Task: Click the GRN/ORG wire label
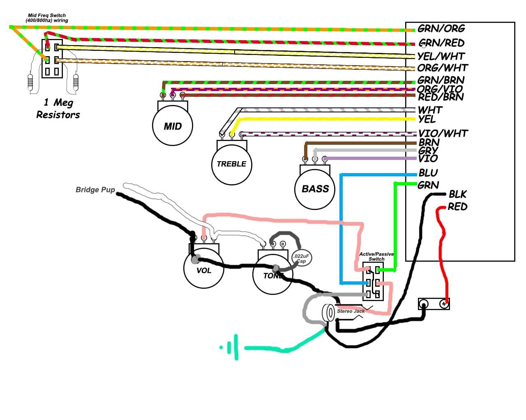(441, 29)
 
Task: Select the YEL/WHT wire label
(441, 56)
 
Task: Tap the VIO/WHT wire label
(443, 133)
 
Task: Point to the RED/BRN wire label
(441, 97)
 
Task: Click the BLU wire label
(428, 173)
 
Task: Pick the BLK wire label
(457, 194)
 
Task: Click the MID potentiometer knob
(173, 126)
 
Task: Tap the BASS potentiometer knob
(315, 189)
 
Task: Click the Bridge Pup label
(95, 189)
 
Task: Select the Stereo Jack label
(351, 311)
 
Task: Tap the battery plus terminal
(444, 304)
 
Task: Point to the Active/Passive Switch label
(376, 256)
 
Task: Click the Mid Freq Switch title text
(47, 18)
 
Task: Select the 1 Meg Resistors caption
(58, 109)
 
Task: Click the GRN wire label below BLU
(428, 185)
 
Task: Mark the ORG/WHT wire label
(443, 68)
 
